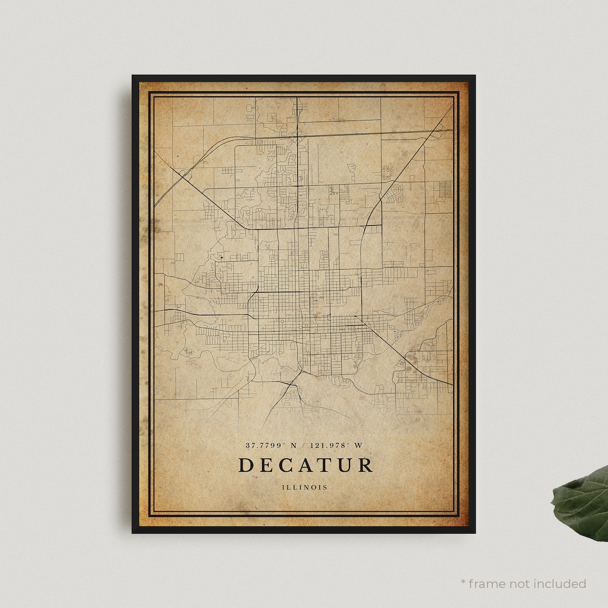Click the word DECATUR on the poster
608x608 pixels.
click(305, 465)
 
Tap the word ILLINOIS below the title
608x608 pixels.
click(305, 487)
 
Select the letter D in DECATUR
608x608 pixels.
click(245, 465)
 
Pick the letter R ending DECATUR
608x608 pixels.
click(365, 465)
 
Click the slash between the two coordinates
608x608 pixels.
click(304, 445)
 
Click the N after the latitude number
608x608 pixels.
click(292, 445)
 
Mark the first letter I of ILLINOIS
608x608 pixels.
click(285, 487)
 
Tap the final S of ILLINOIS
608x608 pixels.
click(325, 487)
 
